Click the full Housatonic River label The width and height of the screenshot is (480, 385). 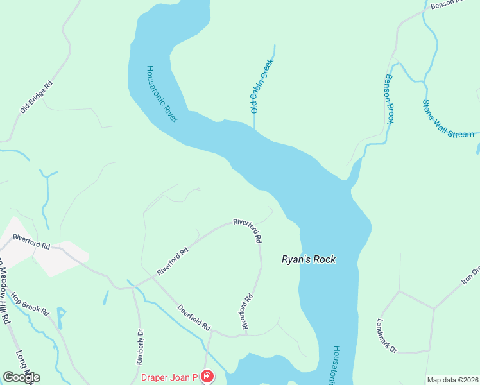161,93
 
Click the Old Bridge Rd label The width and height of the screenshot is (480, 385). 36,97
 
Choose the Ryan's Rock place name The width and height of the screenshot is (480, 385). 309,259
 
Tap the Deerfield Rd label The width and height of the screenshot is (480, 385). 194,317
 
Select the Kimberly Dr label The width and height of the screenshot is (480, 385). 140,347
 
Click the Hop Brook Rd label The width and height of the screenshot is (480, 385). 30,304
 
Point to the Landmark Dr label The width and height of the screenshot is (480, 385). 387,336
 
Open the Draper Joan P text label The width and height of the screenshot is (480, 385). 169,376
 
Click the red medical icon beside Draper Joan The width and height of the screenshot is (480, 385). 207,376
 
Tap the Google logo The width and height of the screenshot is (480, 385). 21,377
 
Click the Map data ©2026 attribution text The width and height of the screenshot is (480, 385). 452,380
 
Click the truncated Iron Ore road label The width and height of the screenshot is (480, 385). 470,275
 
